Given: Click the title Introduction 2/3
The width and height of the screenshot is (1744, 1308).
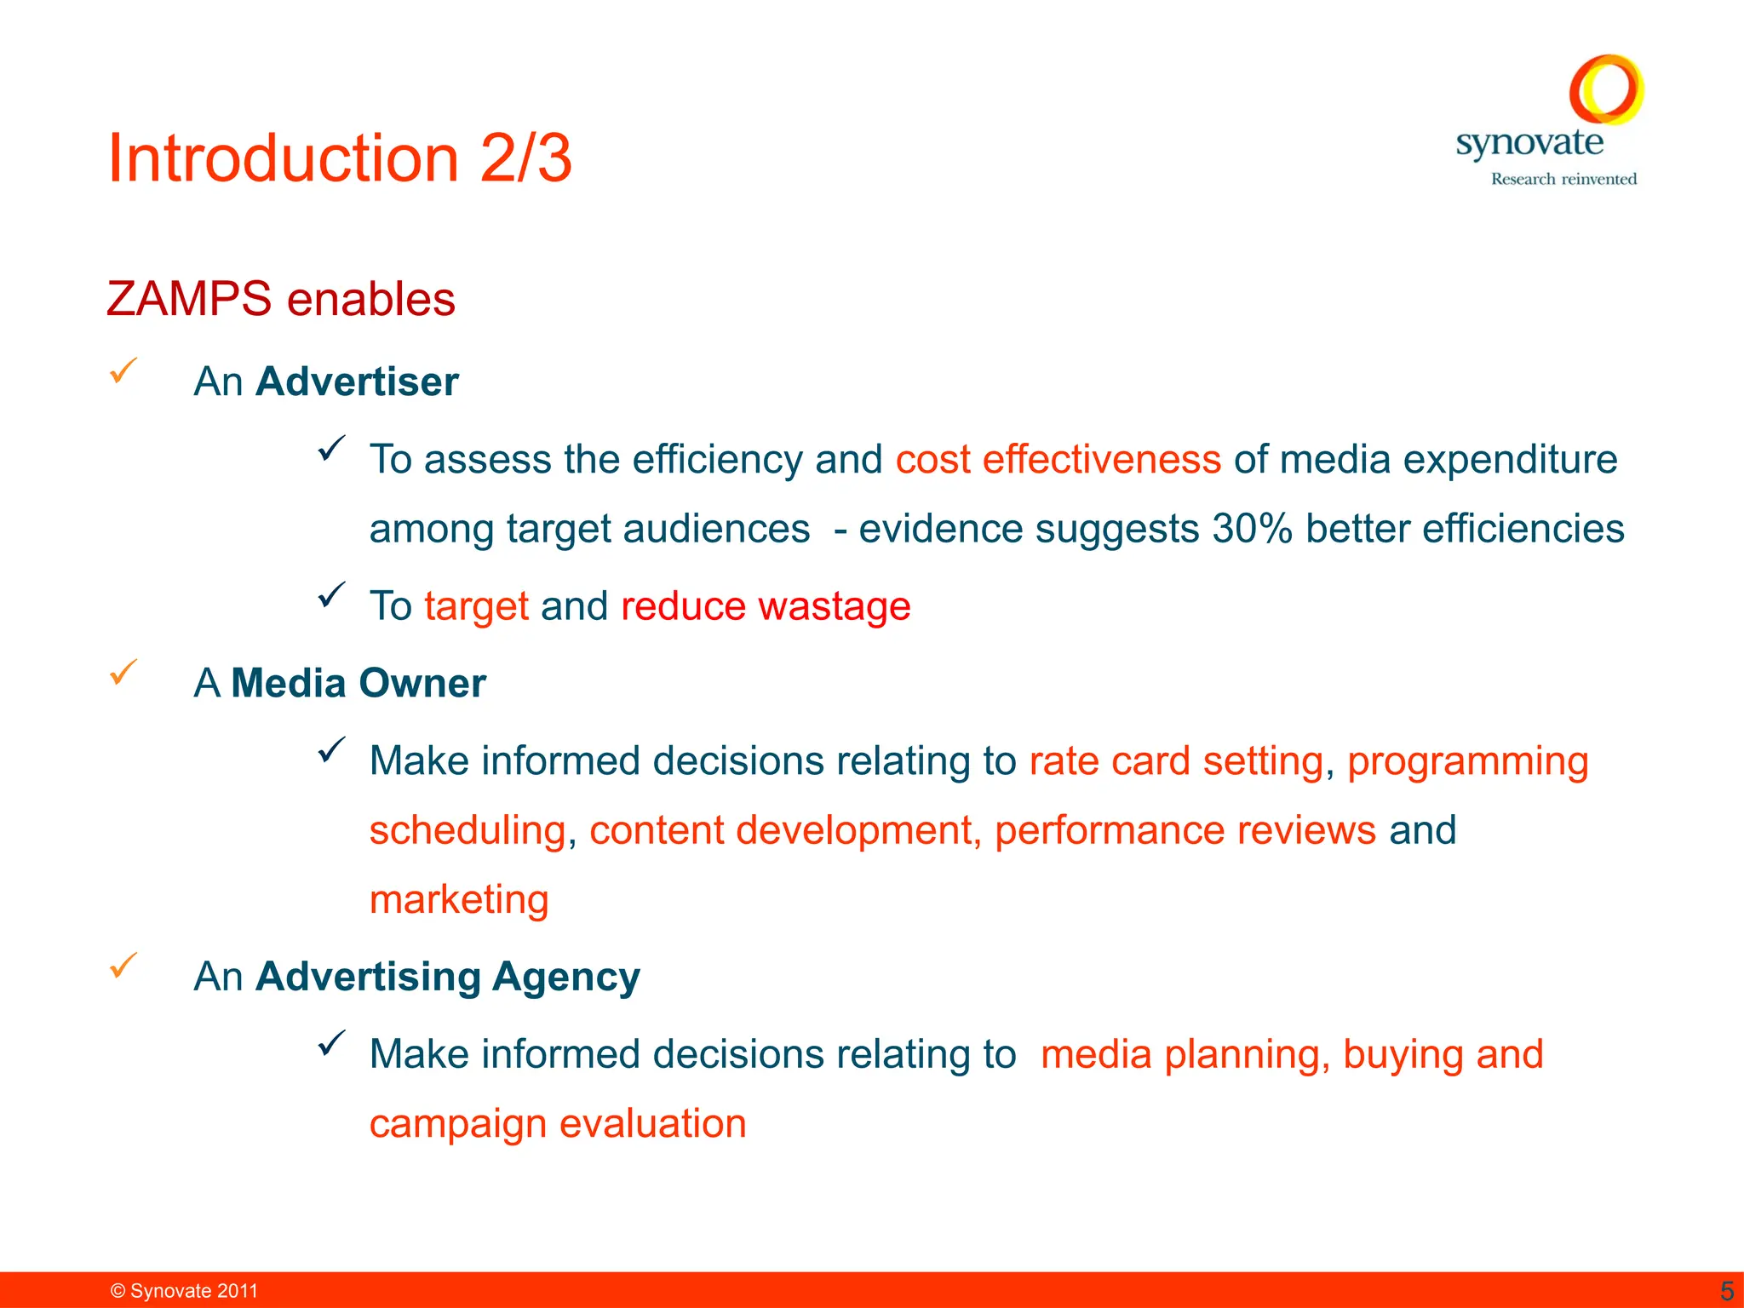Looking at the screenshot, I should [340, 158].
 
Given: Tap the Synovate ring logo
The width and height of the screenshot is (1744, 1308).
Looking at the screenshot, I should [1606, 89].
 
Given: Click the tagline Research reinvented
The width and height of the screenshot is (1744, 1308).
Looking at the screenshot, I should [1563, 179].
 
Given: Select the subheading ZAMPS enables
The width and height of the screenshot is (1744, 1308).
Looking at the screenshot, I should [281, 299].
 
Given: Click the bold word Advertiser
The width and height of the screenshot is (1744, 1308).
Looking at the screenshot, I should [357, 381].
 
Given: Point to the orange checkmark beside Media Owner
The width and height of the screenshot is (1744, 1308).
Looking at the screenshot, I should [123, 673].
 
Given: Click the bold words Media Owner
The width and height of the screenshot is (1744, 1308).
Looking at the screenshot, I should [359, 683].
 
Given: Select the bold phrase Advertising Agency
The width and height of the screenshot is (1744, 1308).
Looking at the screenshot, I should [448, 977].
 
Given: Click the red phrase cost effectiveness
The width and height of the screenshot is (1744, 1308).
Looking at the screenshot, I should [1058, 460].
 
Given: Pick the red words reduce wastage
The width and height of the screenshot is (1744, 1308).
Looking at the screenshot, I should [766, 606].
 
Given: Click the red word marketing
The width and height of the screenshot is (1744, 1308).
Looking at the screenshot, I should [459, 900].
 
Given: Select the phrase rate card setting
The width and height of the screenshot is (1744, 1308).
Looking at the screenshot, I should [1176, 761].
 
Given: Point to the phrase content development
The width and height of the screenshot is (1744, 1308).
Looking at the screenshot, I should [780, 830].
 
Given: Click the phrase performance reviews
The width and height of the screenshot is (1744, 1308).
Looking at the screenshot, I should [1185, 830].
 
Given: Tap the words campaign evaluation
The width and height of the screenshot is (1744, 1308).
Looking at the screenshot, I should [558, 1124].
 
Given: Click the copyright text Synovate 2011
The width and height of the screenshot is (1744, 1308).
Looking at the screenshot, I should [185, 1291].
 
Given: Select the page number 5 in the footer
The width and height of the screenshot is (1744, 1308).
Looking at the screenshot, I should [1726, 1291].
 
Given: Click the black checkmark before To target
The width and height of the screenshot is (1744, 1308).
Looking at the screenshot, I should [331, 594].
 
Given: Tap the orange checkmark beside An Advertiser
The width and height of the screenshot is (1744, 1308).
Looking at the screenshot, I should [123, 370].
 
